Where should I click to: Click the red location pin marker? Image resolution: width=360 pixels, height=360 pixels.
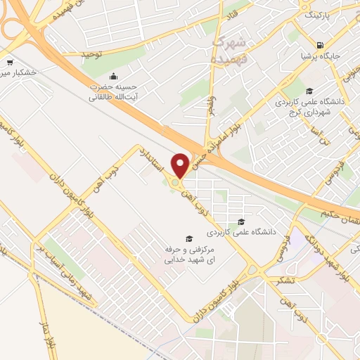(181, 165)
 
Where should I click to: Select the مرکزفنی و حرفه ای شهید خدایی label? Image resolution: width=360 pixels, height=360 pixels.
(187, 255)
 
